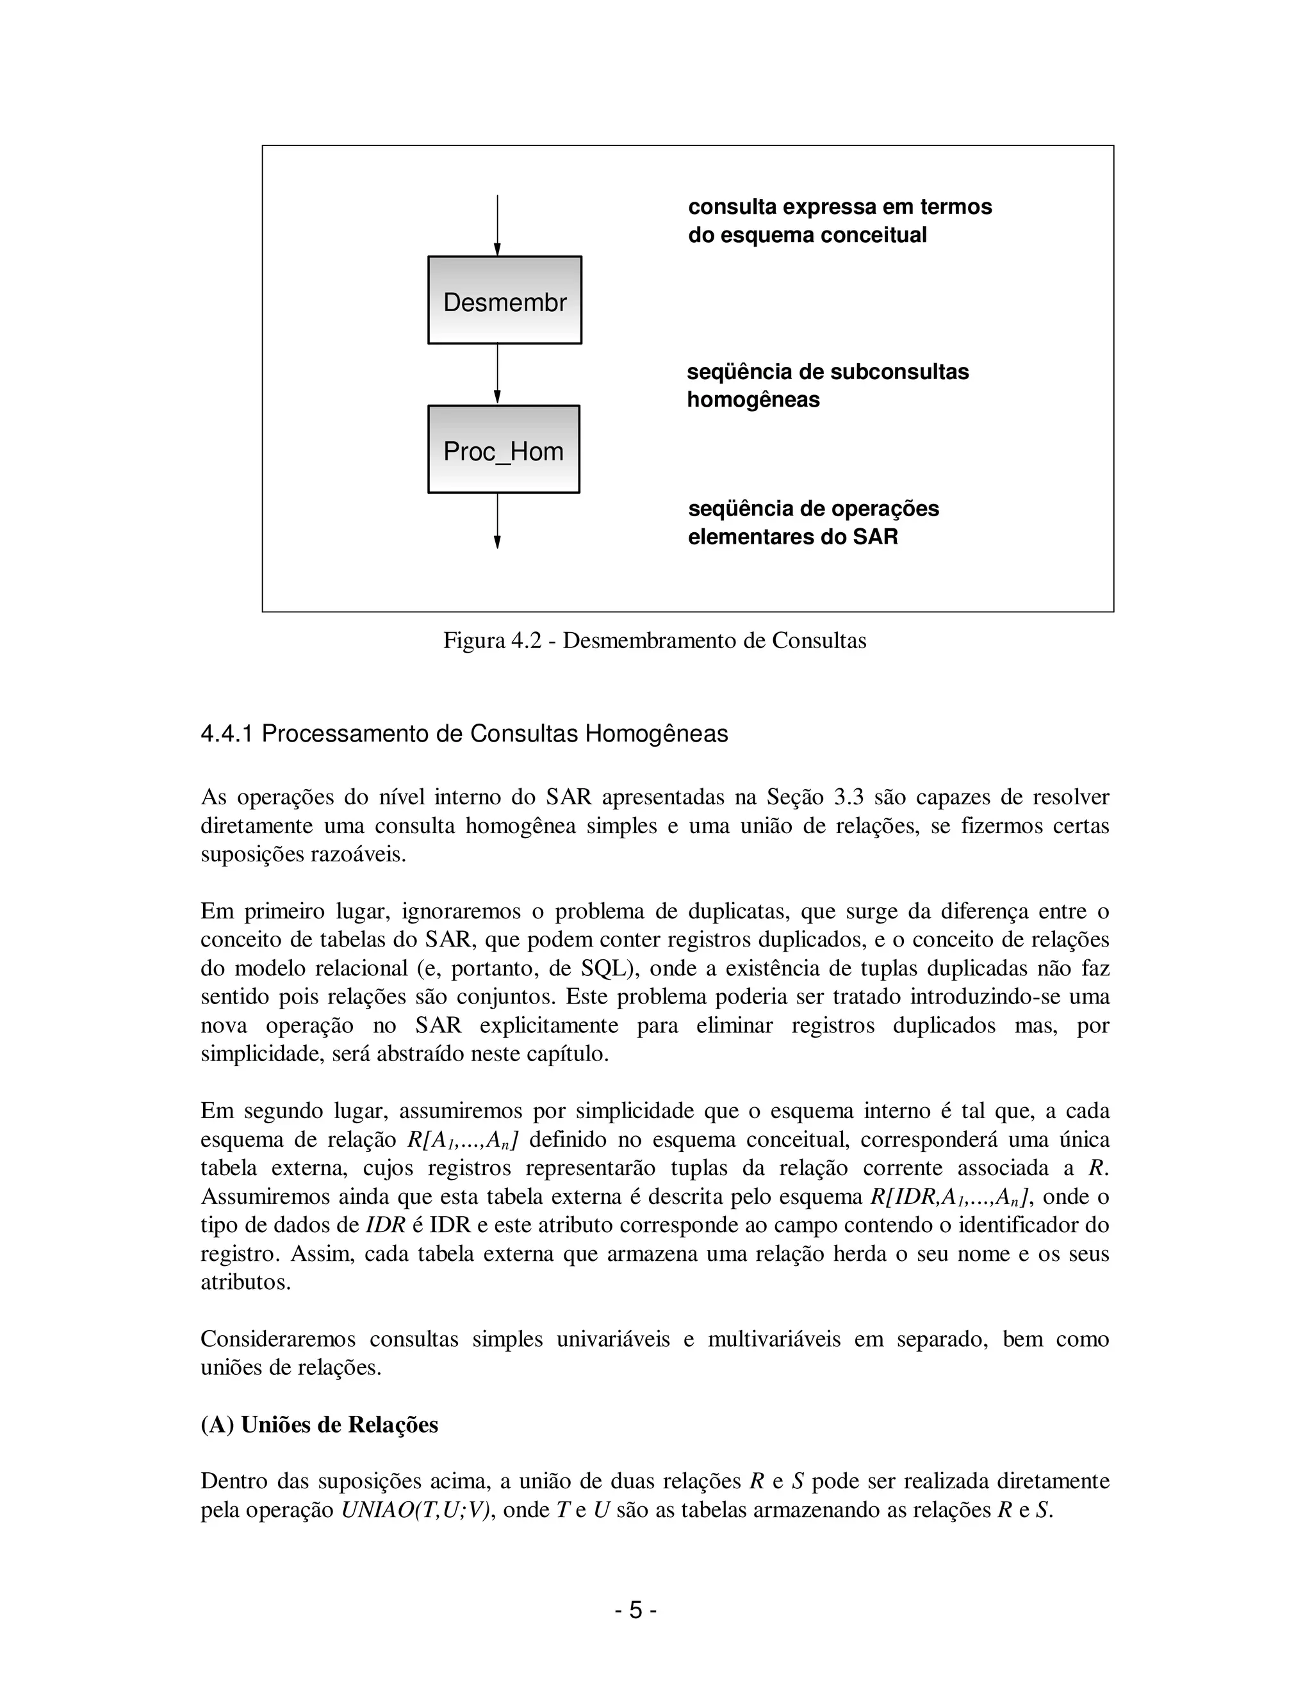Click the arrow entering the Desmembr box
click(x=497, y=225)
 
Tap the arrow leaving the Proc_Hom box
click(x=497, y=521)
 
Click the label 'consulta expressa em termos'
click(x=839, y=207)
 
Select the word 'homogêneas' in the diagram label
click(x=752, y=400)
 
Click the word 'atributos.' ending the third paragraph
click(x=245, y=1282)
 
